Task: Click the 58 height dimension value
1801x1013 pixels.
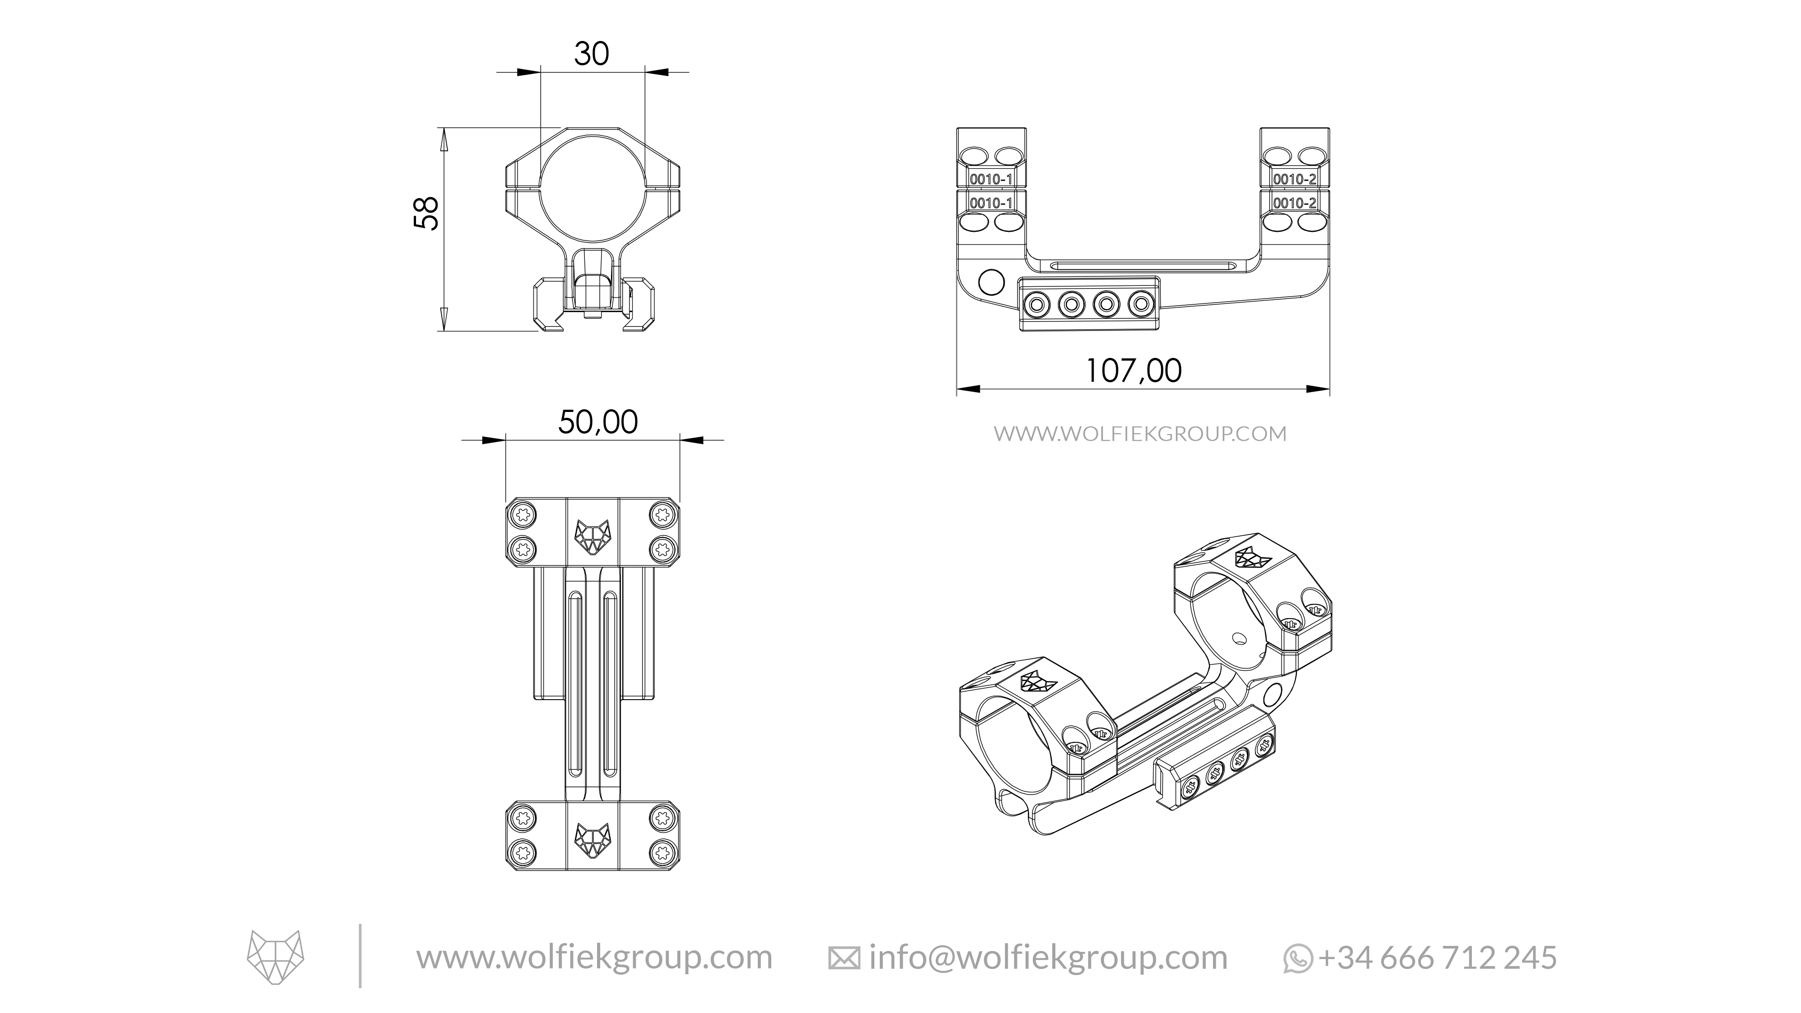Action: [426, 213]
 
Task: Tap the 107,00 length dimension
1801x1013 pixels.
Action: [1133, 371]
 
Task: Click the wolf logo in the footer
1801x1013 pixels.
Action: [276, 956]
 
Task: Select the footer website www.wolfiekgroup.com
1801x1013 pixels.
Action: [594, 957]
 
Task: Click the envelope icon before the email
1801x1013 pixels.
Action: [844, 959]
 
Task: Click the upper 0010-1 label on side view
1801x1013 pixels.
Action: [991, 179]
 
